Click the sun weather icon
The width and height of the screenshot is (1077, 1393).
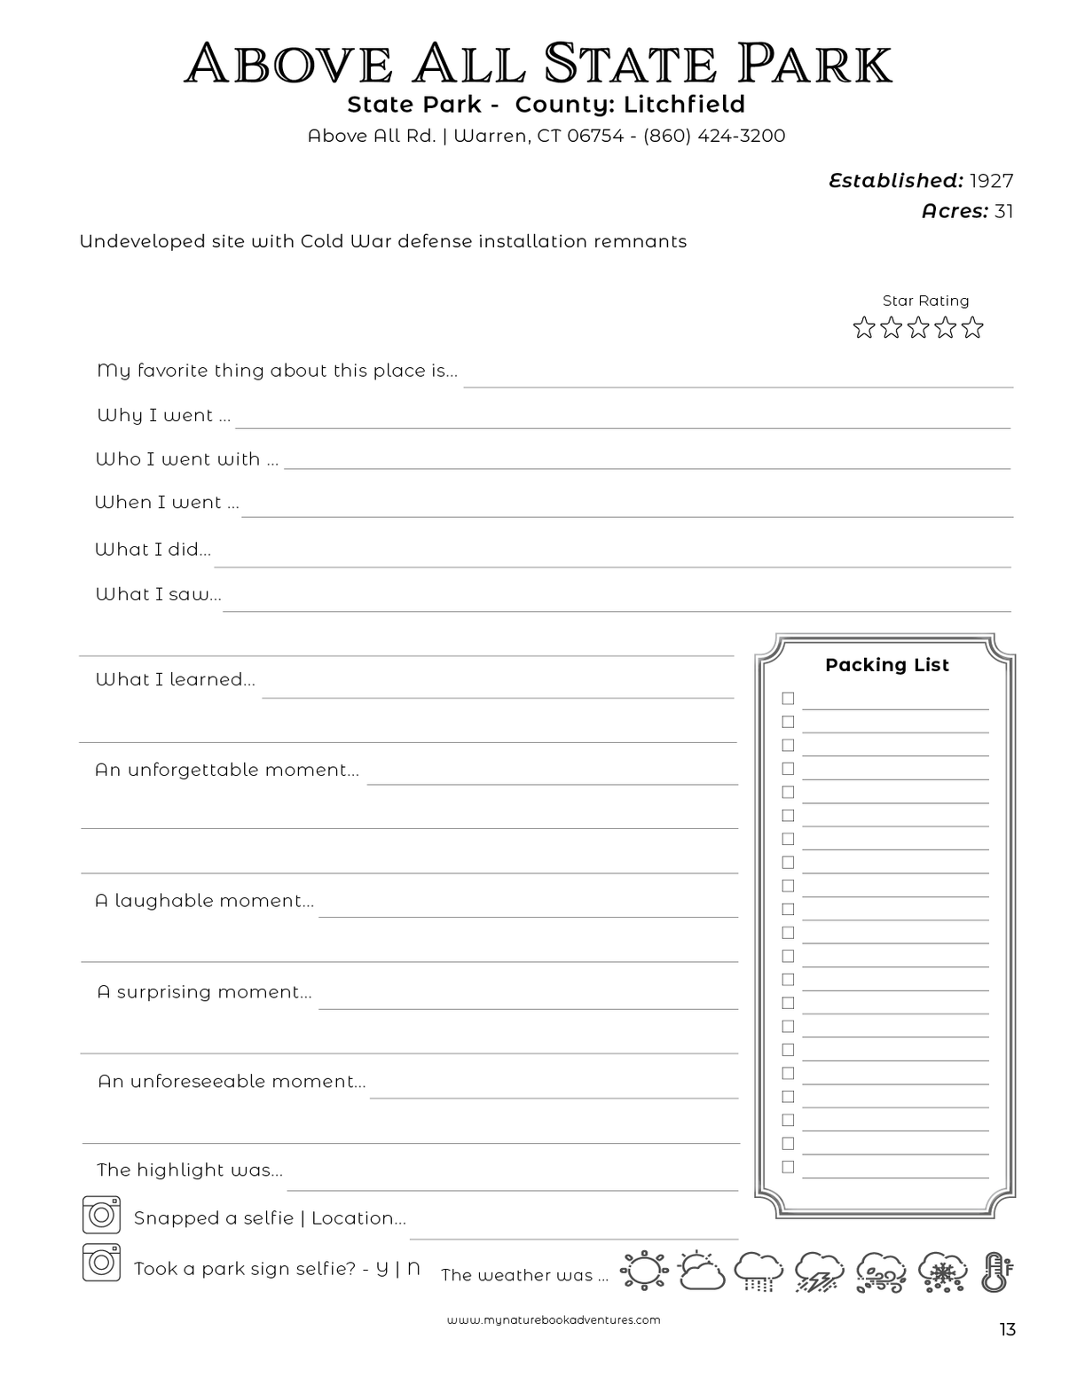[643, 1271]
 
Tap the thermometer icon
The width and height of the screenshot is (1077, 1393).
[996, 1272]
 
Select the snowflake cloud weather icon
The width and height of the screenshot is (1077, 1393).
[942, 1272]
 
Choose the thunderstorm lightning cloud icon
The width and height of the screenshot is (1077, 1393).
[819, 1272]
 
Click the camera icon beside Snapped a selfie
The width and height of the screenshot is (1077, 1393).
[101, 1215]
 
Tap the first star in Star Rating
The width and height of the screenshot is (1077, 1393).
[863, 328]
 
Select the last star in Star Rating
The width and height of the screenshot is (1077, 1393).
[973, 328]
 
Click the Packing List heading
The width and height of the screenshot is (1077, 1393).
[886, 665]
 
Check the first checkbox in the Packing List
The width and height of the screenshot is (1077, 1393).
[788, 699]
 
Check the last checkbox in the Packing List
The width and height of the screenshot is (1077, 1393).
[788, 1167]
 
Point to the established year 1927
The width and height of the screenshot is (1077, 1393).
[991, 181]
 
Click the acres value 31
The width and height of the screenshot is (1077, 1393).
[1003, 211]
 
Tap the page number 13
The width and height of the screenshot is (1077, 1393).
[1007, 1329]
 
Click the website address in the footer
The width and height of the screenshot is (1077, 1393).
[554, 1319]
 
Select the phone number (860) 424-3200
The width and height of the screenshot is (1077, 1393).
[714, 136]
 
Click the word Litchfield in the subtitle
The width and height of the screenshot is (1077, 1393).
[684, 105]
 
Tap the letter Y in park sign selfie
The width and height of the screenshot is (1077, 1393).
[382, 1268]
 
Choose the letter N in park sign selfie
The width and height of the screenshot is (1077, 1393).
[413, 1268]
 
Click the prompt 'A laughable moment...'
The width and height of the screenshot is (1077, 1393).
[204, 901]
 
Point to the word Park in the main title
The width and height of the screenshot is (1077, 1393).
[814, 64]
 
